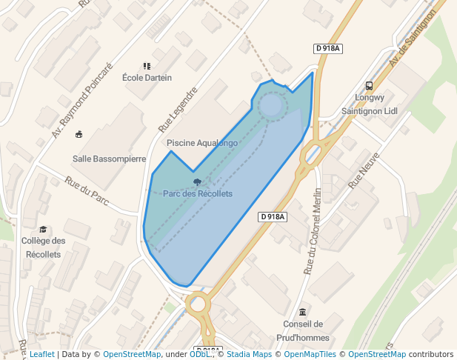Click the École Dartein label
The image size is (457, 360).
(147, 78)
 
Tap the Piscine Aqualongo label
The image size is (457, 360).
(202, 142)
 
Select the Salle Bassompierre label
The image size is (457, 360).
(109, 159)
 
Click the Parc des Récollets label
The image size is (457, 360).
(198, 193)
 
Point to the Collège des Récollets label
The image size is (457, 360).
(43, 247)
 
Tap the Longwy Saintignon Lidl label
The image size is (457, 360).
(370, 104)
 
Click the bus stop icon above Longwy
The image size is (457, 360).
(370, 85)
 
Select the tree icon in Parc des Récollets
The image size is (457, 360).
(197, 181)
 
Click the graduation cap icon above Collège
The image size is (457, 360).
(43, 230)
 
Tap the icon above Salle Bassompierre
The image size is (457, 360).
(79, 134)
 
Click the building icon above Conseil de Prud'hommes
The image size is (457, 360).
(302, 312)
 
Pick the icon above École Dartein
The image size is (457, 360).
(147, 66)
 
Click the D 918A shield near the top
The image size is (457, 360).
(327, 49)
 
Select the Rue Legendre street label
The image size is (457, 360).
(182, 111)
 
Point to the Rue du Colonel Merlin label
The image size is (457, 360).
(313, 230)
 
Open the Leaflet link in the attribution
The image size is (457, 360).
(41, 354)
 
